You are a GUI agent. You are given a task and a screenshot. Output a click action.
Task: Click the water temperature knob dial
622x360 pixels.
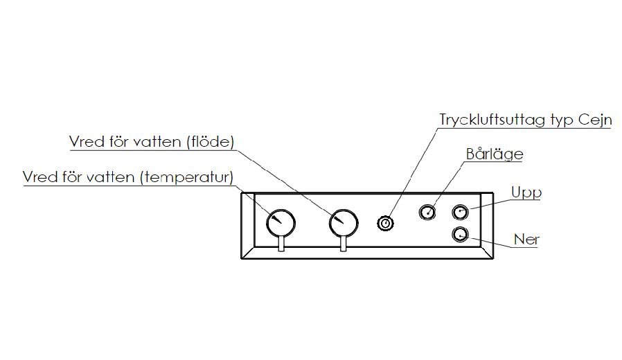[x=281, y=223]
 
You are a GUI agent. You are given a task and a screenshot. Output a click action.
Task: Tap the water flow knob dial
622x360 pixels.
[x=344, y=223]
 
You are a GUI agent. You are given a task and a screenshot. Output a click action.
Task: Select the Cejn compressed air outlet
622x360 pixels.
[x=385, y=223]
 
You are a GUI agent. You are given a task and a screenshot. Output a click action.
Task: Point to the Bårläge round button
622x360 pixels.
[x=428, y=212]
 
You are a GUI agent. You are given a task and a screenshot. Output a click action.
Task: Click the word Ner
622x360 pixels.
[x=526, y=240]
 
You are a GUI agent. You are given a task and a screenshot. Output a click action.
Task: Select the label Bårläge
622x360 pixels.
[x=495, y=154]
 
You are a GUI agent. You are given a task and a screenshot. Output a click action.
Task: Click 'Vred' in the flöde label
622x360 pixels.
[x=85, y=141]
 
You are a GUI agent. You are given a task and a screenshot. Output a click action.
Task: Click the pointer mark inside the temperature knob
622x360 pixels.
[x=274, y=218]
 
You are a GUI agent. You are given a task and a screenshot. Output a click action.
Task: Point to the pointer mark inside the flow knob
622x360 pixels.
[x=337, y=219]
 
